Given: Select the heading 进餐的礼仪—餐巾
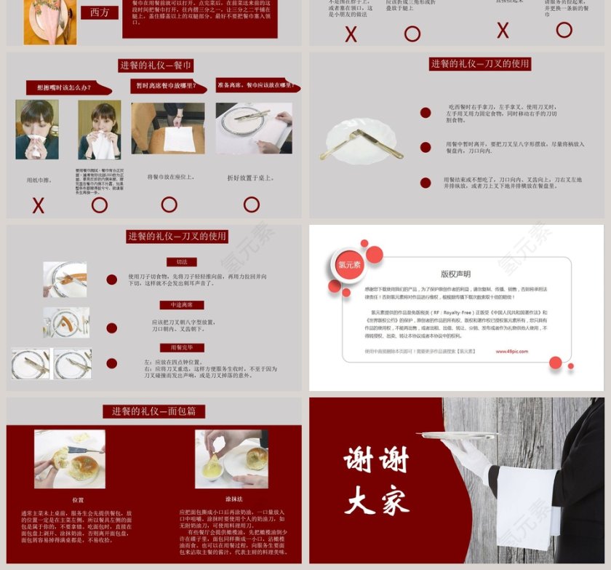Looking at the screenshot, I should point(156,66).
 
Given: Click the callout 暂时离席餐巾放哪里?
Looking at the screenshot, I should point(169,85).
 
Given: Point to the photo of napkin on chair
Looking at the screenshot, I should point(168,128).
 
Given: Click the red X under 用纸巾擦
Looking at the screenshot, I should point(39,205).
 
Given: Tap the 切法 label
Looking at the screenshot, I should point(181,262).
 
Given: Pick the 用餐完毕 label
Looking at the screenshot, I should point(181,347).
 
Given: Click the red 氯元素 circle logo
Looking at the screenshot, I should point(349,265).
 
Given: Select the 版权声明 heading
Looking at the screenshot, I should point(455,274).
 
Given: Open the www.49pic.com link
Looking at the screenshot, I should point(511,351).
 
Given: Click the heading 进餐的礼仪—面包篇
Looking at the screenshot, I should point(153,411).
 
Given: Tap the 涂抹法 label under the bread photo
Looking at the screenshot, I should point(233,499).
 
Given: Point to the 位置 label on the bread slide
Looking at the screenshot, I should point(78,500).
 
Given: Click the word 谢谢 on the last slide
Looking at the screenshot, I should point(376,460).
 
